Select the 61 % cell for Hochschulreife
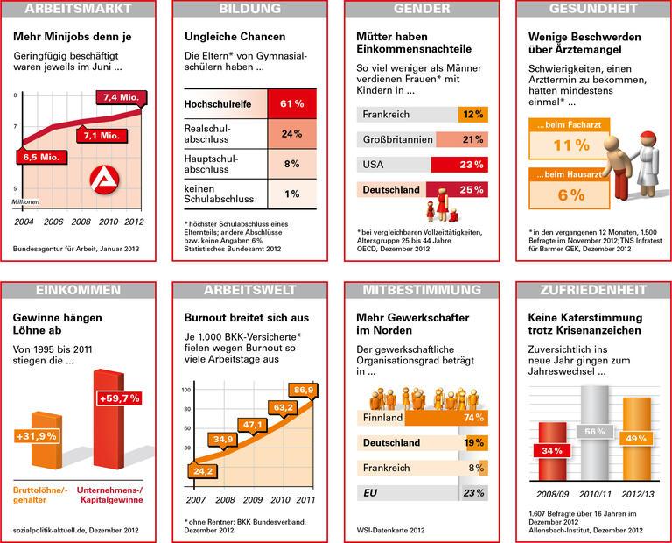click(x=291, y=104)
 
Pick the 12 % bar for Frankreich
click(x=472, y=115)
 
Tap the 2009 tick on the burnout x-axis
click(x=253, y=499)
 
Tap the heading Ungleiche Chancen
click(x=234, y=38)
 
